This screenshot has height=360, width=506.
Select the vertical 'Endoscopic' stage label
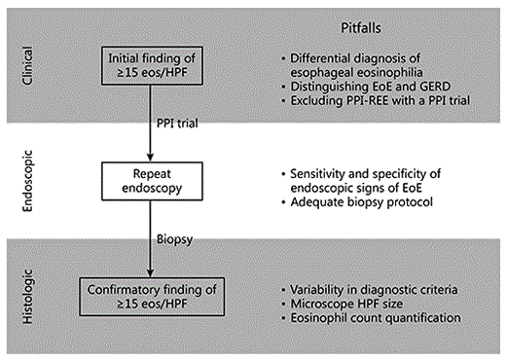[29, 179]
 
